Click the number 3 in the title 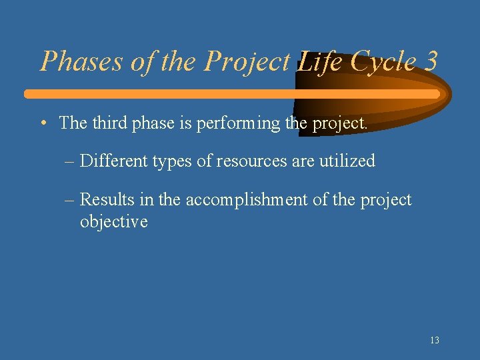pos(430,61)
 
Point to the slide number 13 pos(434,340)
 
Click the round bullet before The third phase pos(43,123)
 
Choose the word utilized pos(349,161)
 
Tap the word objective pos(113,221)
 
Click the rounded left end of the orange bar pos(29,94)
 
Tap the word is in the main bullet pos(183,123)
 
